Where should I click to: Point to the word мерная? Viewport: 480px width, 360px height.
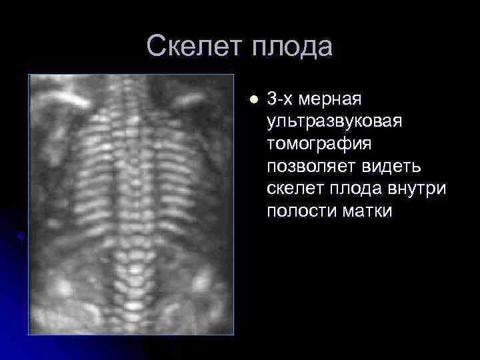[x=330, y=100]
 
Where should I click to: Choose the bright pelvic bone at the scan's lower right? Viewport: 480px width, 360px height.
[x=200, y=283]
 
